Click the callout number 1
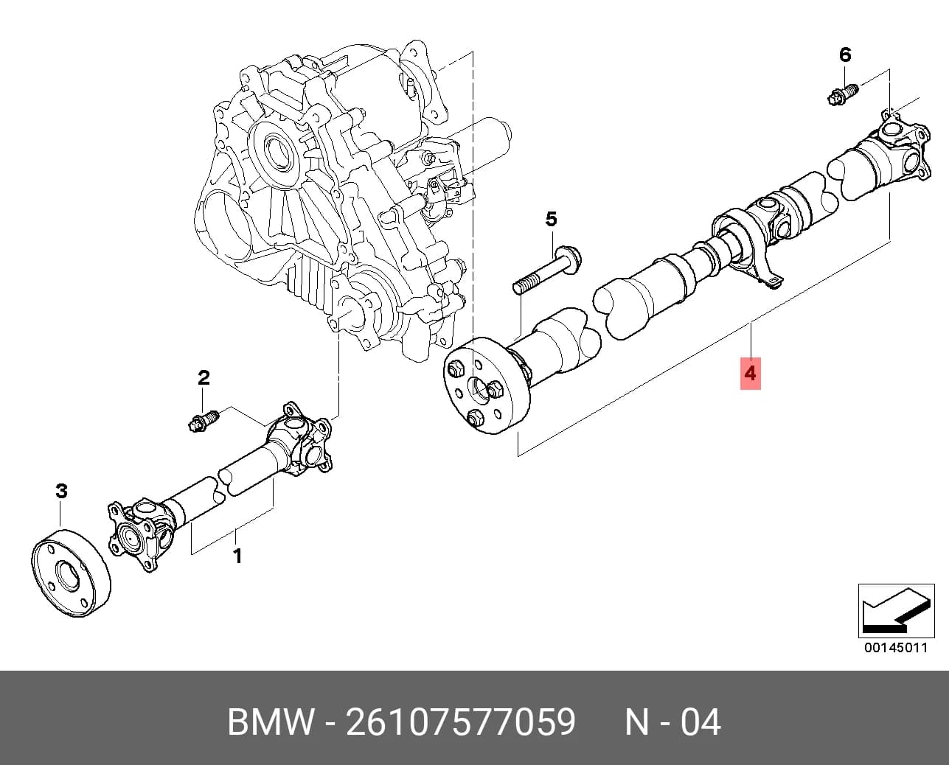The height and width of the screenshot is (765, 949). point(237,556)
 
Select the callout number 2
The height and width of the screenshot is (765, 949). point(204,378)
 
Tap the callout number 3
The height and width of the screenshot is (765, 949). point(61,491)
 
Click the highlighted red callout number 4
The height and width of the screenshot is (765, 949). point(750,374)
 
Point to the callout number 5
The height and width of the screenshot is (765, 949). point(552,219)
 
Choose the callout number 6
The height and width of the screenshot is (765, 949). point(845,55)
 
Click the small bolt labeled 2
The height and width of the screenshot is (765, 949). point(204,421)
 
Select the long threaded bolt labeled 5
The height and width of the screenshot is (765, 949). point(547,269)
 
